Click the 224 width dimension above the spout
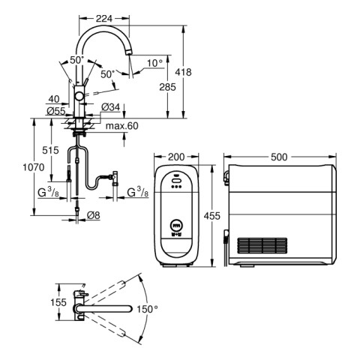tap(104, 18)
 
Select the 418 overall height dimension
tap(183, 72)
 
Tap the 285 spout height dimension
tap(168, 87)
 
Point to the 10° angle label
tap(154, 63)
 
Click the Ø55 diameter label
tap(56, 111)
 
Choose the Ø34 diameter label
tap(111, 107)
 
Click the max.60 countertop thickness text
tap(121, 126)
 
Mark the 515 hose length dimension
tap(50, 150)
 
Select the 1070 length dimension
tap(34, 167)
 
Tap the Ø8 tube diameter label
tap(94, 215)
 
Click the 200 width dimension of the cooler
tap(176, 157)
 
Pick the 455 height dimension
tap(212, 216)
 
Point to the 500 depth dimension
tap(279, 157)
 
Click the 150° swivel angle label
tap(147, 310)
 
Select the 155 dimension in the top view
tap(58, 302)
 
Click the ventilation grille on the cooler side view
tap(262, 245)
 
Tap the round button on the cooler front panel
tap(176, 226)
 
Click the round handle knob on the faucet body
tap(80, 96)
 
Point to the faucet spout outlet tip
tap(129, 52)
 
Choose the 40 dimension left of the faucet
tap(54, 99)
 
